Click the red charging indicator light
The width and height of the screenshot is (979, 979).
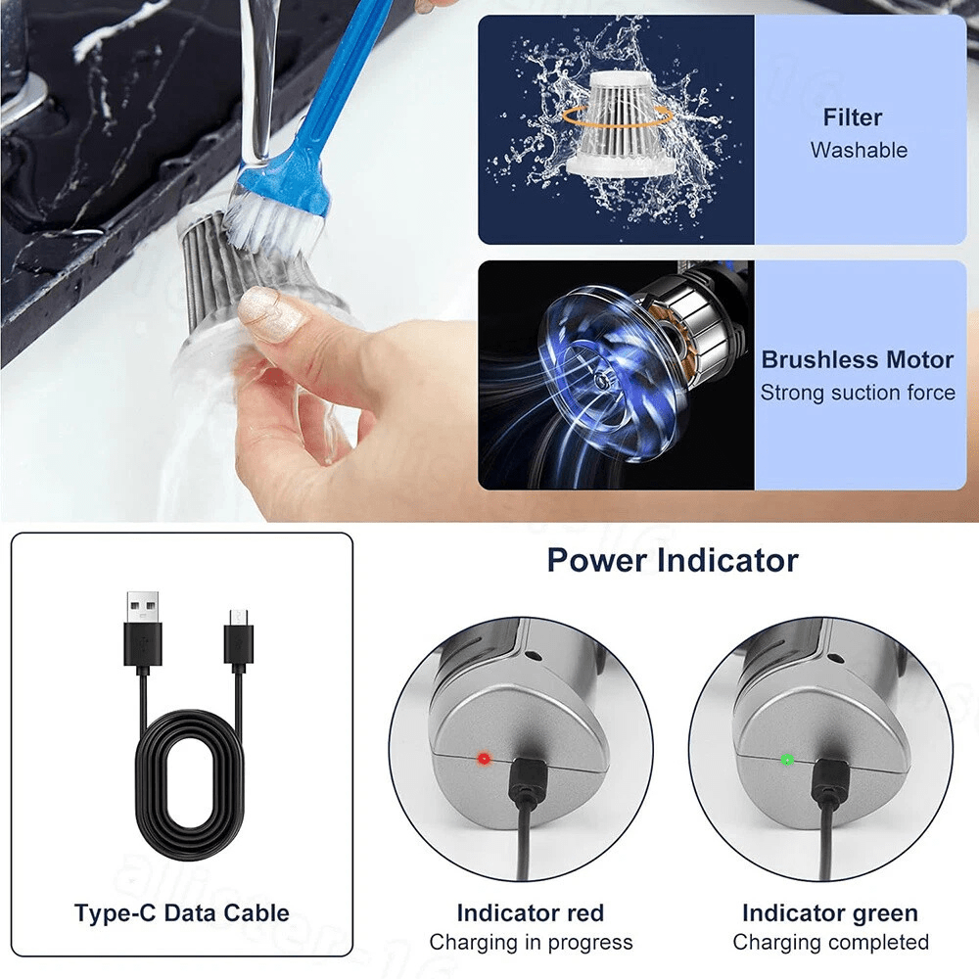[482, 759]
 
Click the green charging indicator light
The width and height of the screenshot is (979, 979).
[786, 759]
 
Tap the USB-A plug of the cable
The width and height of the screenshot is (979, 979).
[142, 627]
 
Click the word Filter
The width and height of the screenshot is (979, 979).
[852, 117]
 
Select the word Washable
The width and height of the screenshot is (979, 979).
[859, 151]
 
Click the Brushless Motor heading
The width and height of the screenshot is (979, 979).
[858, 359]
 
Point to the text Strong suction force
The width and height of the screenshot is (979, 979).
[858, 393]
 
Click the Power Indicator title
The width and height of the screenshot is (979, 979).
[672, 560]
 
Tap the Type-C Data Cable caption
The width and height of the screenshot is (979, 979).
[182, 913]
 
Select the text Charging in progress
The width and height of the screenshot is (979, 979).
[531, 943]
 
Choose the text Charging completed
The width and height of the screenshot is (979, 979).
[830, 943]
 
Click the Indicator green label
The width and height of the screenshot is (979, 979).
[829, 913]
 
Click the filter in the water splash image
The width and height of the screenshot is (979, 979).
[617, 127]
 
